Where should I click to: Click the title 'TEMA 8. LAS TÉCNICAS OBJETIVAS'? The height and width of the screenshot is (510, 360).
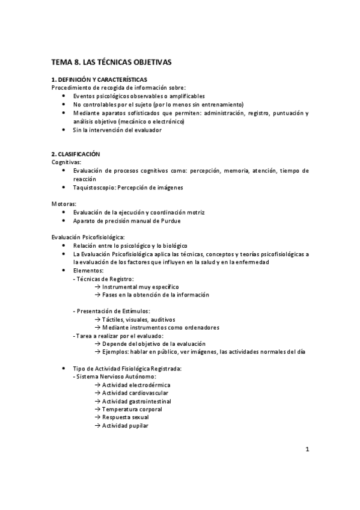point(111,62)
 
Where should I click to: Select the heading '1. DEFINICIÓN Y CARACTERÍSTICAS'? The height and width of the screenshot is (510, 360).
point(99,80)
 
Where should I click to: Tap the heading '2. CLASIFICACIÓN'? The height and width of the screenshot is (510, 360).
point(76,155)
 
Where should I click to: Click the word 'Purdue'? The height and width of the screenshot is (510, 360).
point(170,221)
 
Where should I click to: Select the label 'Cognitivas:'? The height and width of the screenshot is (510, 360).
point(67,162)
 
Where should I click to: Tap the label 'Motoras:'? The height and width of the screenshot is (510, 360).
point(64,204)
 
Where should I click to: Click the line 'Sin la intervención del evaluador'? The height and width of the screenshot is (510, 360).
point(117,130)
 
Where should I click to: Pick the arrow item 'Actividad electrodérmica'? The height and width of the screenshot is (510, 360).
point(132,384)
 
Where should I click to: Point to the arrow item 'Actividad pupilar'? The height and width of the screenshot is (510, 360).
point(121,426)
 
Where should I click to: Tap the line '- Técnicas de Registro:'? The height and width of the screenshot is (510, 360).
point(103,278)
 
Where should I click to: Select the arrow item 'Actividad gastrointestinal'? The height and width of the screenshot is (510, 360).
point(132,401)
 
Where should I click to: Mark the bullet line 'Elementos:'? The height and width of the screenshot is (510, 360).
point(88,271)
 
